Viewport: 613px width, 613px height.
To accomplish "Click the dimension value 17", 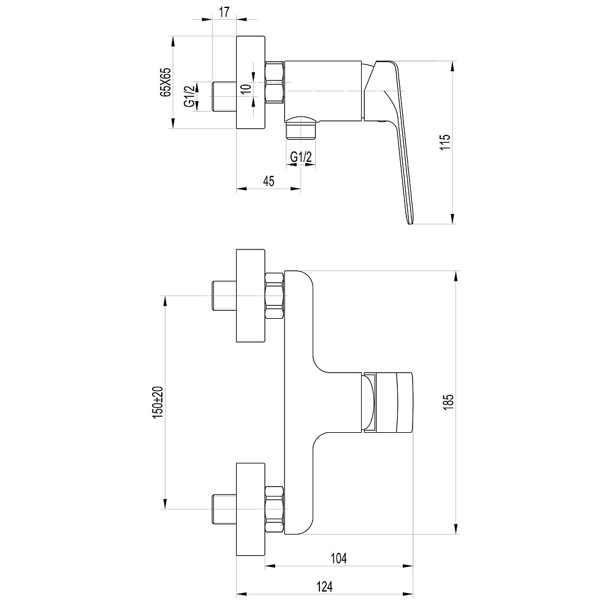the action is coord(224,12).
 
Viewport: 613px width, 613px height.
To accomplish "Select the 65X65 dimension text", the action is coord(166,82).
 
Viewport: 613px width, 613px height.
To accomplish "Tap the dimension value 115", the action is coord(445,142).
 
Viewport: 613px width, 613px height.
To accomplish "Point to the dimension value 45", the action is coord(268,181).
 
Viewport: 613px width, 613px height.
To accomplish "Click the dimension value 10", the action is coord(246,88).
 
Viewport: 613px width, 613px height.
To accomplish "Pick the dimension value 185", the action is coord(449,402).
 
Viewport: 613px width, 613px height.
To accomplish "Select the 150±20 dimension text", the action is coord(158,403).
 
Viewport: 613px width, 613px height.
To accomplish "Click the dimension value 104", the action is coord(338,558).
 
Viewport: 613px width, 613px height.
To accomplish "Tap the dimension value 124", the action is coord(324,587).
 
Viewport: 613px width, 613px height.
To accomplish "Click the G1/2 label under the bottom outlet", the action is coord(301,157).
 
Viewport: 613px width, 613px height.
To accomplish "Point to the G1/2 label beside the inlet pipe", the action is coord(189,97).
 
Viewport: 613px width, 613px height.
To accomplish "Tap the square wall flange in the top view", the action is coord(251,82).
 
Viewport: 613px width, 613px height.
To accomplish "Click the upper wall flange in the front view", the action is coord(251,295).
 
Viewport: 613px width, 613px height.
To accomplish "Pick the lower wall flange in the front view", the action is coord(251,509).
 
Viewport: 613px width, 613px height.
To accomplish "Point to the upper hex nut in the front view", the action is coord(275,295).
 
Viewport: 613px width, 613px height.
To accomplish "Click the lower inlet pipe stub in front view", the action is coord(224,509).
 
